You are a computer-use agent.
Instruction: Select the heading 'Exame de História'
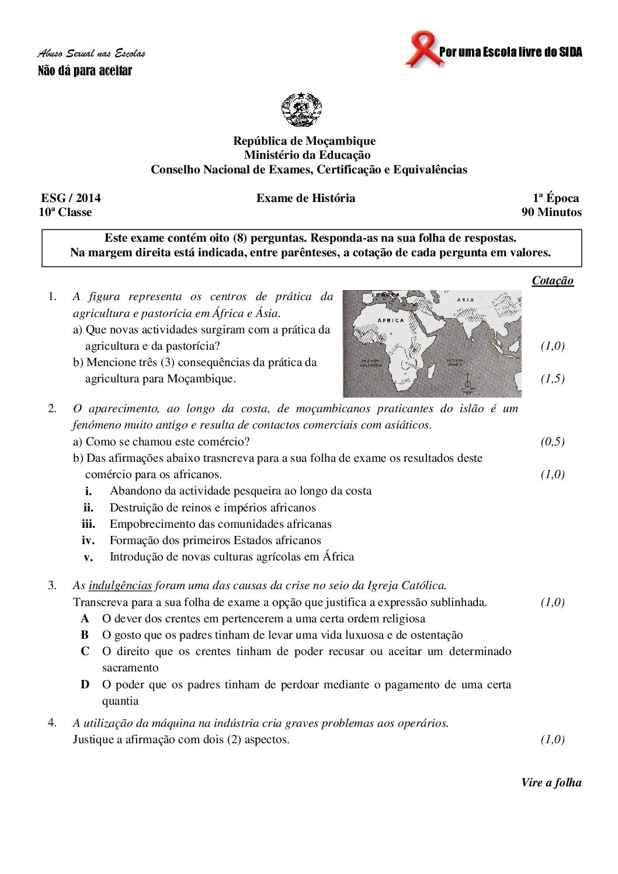[305, 198]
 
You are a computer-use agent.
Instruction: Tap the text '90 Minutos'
[551, 212]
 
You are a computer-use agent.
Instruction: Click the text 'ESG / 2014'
[67, 198]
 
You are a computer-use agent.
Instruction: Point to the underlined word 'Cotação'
[553, 281]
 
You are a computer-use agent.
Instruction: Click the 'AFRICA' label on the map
[391, 321]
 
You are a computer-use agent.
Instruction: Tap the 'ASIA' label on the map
[466, 300]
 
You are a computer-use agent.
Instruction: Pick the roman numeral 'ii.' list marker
[88, 508]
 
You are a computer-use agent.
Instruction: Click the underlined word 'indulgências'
[120, 585]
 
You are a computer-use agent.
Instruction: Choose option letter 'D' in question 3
[85, 684]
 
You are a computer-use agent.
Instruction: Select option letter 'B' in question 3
[85, 635]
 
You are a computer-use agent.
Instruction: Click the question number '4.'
[52, 723]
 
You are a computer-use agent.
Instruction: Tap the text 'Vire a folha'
[551, 783]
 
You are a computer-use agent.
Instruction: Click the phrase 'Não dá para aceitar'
[85, 71]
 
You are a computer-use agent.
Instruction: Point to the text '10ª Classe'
[65, 212]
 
